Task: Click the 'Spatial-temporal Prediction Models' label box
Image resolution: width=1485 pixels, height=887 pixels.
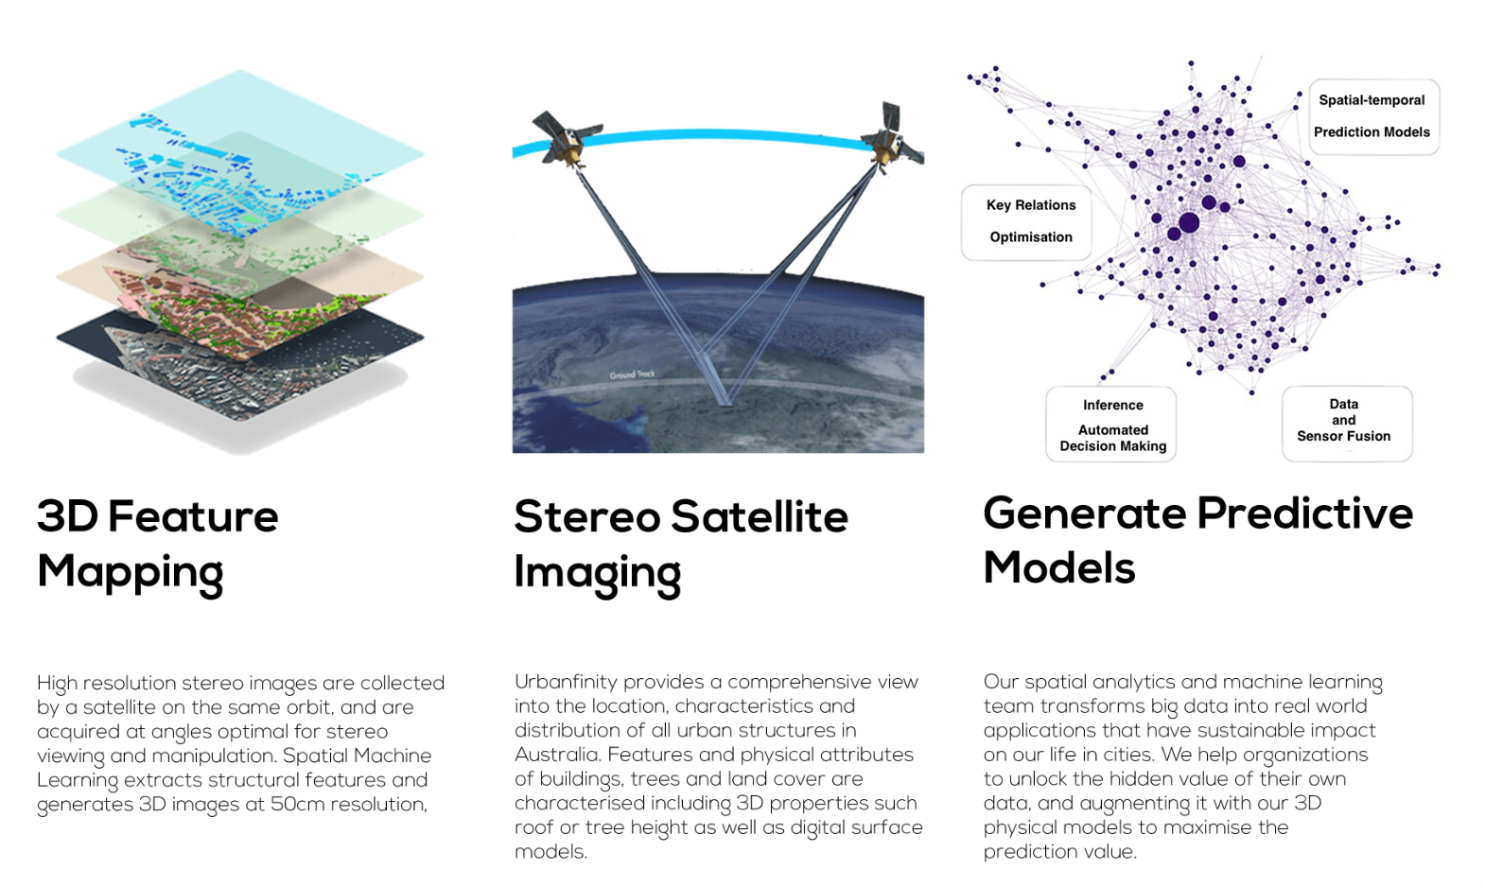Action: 1373,116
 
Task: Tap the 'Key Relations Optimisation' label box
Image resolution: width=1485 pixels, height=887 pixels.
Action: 1026,222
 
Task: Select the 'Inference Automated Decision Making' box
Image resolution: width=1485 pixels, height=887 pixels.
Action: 1111,425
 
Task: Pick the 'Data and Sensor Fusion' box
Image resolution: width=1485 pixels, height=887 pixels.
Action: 1347,425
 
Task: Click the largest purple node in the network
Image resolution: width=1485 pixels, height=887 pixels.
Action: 1189,223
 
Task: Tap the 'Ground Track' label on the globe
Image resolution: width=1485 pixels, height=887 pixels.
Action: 632,374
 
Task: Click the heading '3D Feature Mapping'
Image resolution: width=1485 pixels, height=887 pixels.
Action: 158,545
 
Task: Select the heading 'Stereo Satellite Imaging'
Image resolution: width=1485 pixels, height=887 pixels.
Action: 681,545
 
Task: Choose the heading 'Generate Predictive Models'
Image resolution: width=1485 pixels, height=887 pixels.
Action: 1198,540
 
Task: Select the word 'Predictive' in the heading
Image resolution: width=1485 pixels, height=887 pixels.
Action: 1304,513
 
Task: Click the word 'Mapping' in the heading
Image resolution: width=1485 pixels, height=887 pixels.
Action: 130,573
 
